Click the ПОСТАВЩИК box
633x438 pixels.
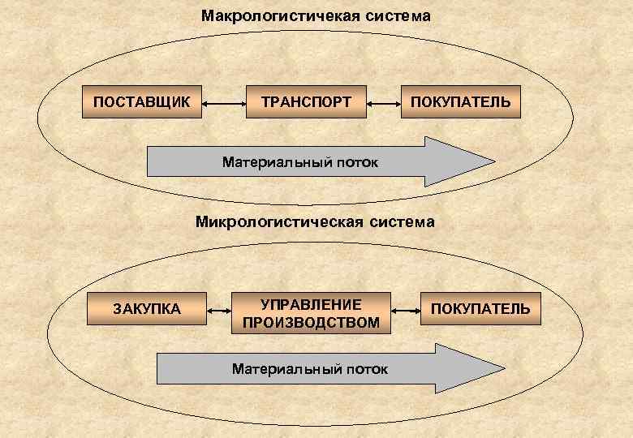[x=142, y=102]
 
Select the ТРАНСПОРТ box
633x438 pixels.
[x=306, y=102]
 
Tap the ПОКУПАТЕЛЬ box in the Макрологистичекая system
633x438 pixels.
[x=460, y=102]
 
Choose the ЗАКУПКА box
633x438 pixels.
[x=147, y=308]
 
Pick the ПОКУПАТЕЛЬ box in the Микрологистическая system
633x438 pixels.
[x=480, y=308]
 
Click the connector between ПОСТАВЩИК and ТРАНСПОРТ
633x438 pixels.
[x=224, y=103]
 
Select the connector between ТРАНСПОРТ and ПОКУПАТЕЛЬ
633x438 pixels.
[x=383, y=103]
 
